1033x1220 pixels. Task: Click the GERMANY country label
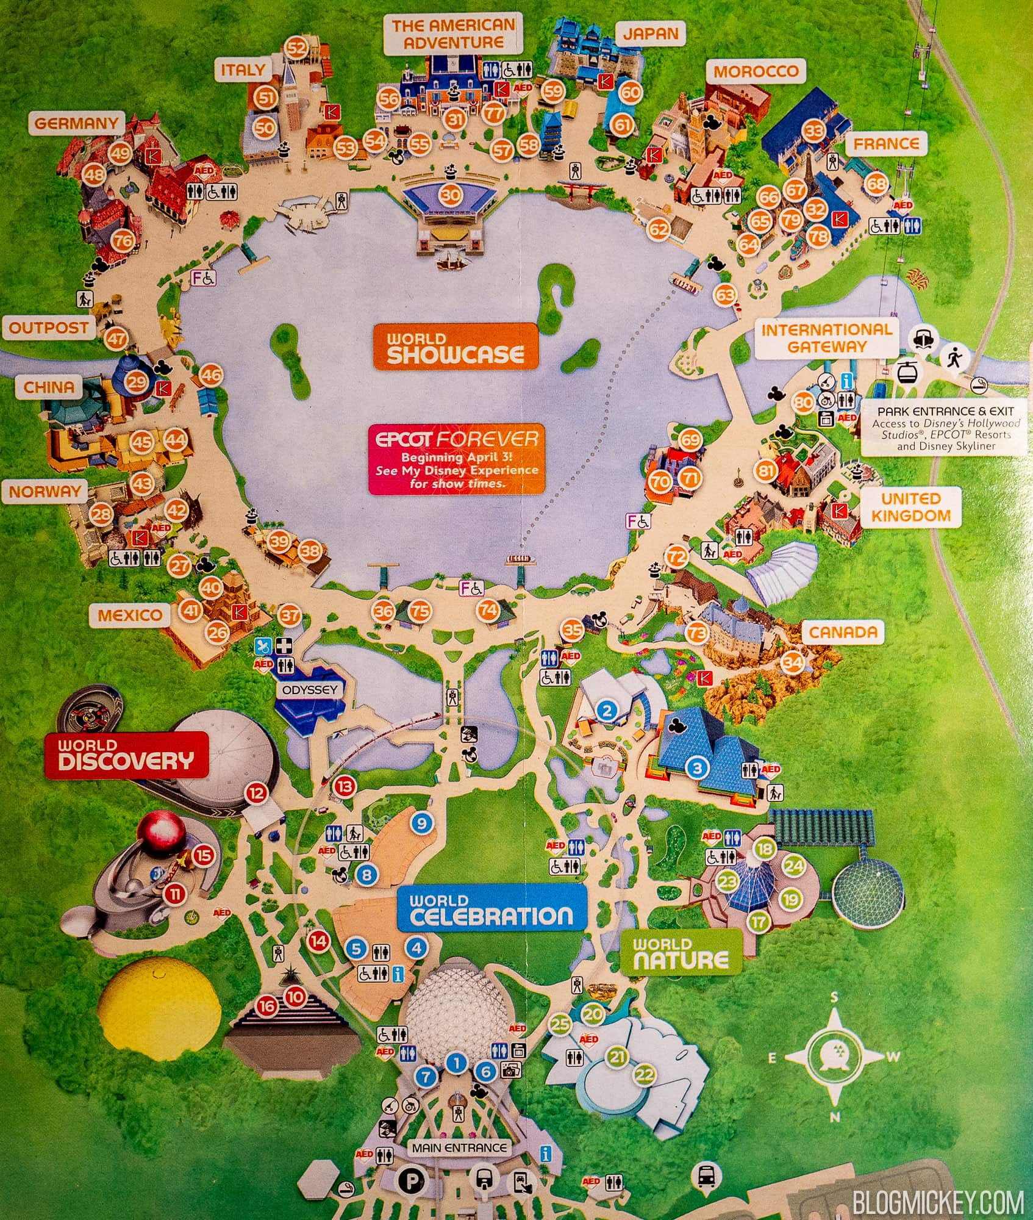point(76,123)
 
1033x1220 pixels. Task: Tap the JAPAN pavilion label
point(650,33)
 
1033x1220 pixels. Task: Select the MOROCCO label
point(756,71)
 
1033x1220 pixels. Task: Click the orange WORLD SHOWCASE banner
point(455,346)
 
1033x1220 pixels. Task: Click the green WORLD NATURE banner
point(681,955)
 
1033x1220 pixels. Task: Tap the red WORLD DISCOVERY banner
point(126,755)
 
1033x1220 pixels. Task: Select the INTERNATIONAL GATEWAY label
point(826,339)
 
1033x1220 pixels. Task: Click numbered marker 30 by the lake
point(451,195)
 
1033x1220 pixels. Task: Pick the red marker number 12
point(256,793)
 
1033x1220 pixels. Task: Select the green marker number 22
point(644,1075)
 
